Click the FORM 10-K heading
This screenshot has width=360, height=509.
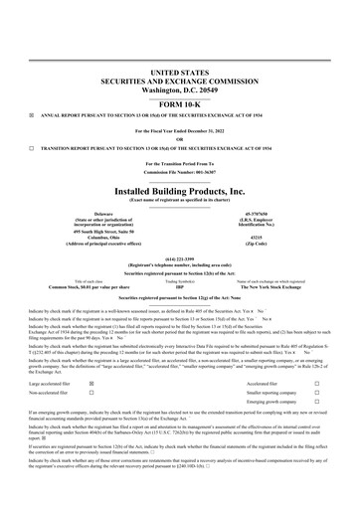point(180,76)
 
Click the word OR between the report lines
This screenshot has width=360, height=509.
point(180,138)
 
